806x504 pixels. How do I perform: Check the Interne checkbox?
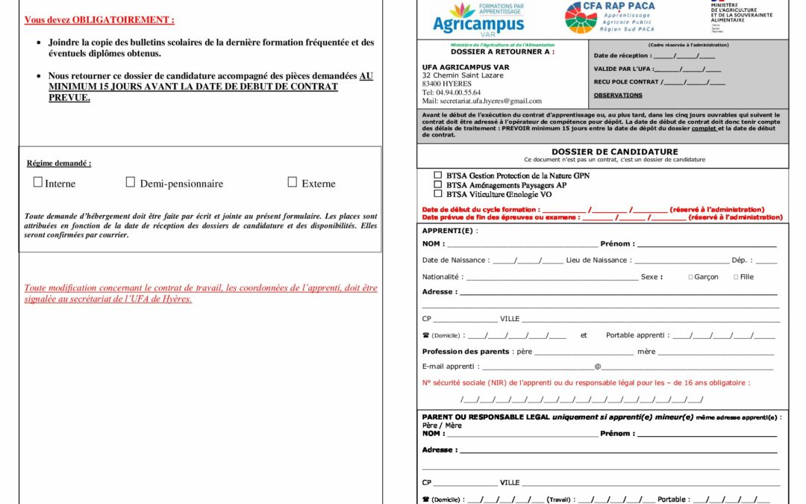[38, 182]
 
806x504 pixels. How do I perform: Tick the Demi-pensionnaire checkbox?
[131, 182]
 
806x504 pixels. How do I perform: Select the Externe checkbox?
[293, 182]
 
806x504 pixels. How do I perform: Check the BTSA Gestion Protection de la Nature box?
[438, 175]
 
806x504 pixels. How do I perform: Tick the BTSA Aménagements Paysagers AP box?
[438, 184]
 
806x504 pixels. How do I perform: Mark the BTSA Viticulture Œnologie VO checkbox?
[438, 193]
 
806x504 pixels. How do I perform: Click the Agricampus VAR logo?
[478, 18]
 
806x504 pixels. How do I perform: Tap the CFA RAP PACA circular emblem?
[581, 18]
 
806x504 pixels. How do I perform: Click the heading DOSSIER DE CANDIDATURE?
[604, 152]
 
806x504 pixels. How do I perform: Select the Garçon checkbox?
[690, 277]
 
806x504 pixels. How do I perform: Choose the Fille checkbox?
[736, 277]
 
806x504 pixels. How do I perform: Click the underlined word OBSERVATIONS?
[618, 96]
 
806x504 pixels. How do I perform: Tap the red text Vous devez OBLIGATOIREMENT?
[99, 20]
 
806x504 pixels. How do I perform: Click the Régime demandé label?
[59, 164]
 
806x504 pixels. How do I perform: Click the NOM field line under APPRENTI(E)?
[522, 244]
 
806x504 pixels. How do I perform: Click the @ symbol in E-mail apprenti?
[597, 367]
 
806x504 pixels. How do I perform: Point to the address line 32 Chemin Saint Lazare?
[463, 75]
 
